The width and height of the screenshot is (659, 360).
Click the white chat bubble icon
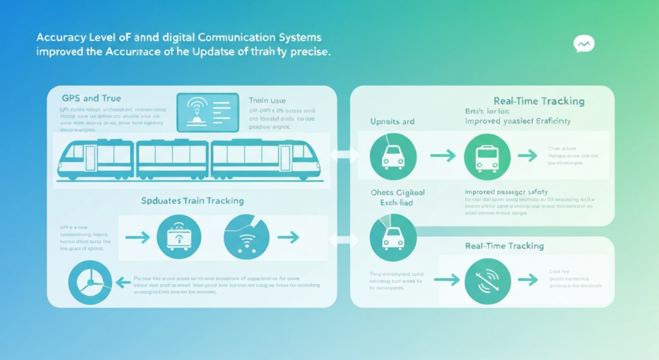point(584,44)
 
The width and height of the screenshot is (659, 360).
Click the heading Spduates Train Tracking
point(192,201)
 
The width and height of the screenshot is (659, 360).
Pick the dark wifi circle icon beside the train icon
point(246,237)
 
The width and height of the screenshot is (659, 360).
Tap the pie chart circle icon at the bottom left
point(90,281)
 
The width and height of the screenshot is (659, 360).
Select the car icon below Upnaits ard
point(393,156)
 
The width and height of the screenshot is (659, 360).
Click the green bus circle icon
point(486,156)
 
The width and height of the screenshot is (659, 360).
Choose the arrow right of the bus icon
point(528,156)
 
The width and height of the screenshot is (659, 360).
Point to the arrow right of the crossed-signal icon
point(528,279)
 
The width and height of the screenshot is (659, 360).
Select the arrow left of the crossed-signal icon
point(445,279)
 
